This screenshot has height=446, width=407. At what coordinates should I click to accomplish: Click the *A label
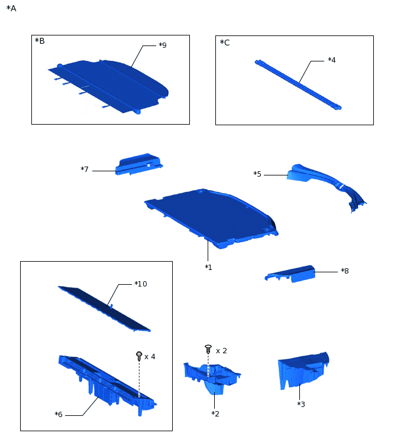click(x=11, y=8)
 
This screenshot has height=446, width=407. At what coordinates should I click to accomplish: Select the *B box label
click(x=40, y=41)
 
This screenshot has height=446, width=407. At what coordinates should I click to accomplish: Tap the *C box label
click(x=225, y=43)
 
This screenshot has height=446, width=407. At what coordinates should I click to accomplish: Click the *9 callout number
click(x=163, y=45)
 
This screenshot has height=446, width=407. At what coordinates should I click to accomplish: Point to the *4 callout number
click(x=332, y=60)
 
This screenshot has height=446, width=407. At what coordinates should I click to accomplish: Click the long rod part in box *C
click(x=298, y=84)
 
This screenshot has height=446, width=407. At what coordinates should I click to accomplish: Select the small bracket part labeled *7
click(x=139, y=164)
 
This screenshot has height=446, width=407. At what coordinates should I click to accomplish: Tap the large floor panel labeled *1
click(x=211, y=217)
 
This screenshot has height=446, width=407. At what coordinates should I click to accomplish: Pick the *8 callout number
click(x=345, y=271)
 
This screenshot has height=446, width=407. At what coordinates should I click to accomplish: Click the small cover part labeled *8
click(x=290, y=274)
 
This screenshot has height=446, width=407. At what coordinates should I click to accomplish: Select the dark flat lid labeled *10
click(x=104, y=308)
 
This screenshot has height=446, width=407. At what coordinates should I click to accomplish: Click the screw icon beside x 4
click(x=139, y=356)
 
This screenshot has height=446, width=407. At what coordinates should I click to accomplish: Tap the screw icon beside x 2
click(x=208, y=349)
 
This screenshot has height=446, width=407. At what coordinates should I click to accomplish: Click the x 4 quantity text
click(x=150, y=357)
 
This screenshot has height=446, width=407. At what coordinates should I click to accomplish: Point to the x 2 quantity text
click(x=221, y=351)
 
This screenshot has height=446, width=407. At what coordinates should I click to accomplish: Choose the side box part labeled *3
click(x=303, y=370)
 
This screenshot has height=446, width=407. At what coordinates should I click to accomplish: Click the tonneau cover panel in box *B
click(x=108, y=86)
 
